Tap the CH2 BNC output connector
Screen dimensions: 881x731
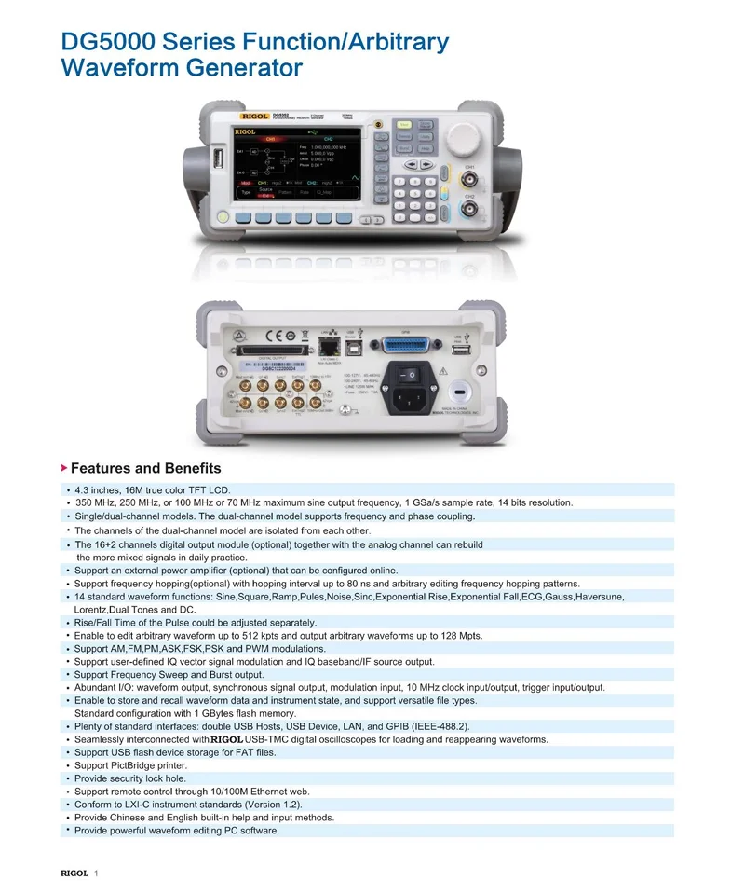pyautogui.click(x=470, y=211)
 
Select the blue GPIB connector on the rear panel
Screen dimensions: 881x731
pyautogui.click(x=405, y=340)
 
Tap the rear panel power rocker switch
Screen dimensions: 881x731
pyautogui.click(x=406, y=373)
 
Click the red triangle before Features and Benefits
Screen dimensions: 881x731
pyautogui.click(x=64, y=467)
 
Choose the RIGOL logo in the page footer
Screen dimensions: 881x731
pyautogui.click(x=74, y=873)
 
